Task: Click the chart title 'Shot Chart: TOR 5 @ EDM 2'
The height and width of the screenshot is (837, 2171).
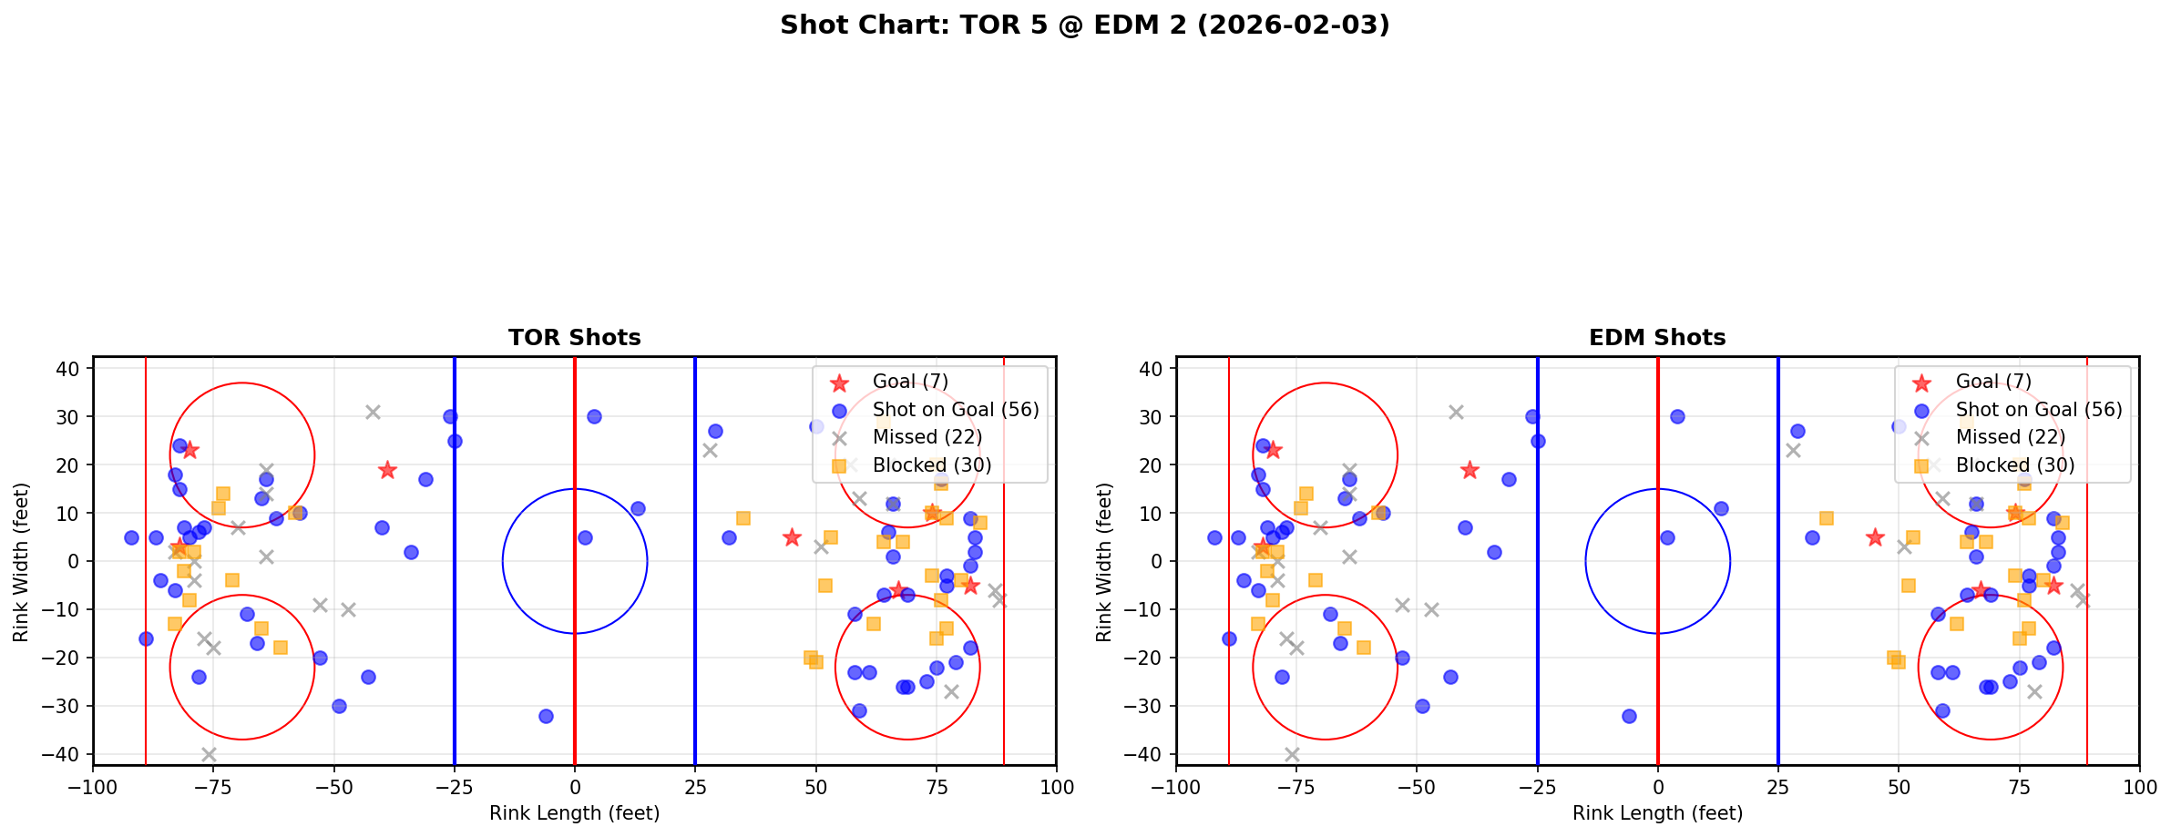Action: (x=1084, y=26)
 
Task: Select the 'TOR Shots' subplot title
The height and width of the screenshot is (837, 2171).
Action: (x=574, y=338)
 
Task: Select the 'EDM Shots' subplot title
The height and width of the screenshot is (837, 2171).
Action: (x=1656, y=338)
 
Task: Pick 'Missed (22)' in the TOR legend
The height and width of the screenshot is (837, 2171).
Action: (x=927, y=437)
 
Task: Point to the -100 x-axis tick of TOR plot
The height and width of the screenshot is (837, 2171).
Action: (x=93, y=787)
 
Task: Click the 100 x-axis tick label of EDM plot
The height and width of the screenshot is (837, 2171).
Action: (x=2138, y=787)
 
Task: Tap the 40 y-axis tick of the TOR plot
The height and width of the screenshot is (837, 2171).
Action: (x=73, y=368)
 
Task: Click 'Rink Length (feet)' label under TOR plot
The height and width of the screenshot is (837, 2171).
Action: (x=574, y=813)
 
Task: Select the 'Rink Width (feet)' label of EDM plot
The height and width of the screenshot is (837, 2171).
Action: (x=1104, y=561)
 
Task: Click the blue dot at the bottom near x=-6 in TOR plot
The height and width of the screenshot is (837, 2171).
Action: (x=546, y=716)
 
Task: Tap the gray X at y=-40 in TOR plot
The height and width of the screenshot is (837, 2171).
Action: (x=209, y=754)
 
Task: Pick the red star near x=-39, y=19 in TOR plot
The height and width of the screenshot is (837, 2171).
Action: (x=387, y=470)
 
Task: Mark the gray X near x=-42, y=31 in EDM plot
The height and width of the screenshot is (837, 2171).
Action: (x=1456, y=412)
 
